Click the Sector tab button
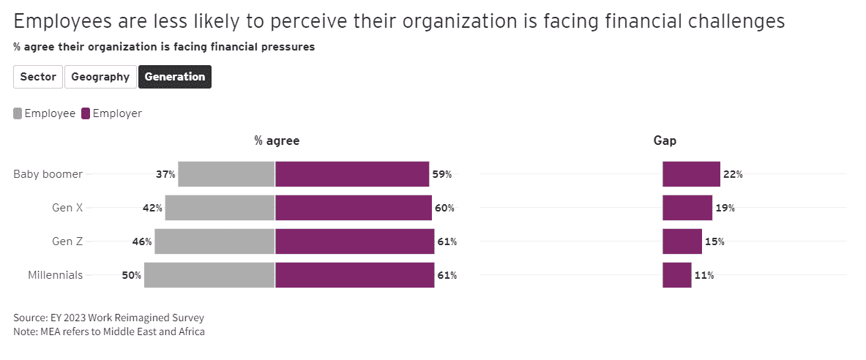tap(38, 77)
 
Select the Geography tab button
tap(100, 77)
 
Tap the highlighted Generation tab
tap(175, 77)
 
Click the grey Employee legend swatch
tap(18, 113)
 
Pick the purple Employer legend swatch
tap(86, 113)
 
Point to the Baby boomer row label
tap(48, 174)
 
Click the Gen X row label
tap(67, 208)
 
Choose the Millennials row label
tap(55, 275)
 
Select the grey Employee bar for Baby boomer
tap(226, 174)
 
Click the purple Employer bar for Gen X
tap(353, 208)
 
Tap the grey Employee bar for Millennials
tap(209, 275)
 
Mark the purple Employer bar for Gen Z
tap(354, 241)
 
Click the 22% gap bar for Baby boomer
tap(691, 174)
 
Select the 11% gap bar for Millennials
tap(676, 275)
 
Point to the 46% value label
tap(142, 241)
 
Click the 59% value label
tap(442, 174)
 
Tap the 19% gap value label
tap(725, 208)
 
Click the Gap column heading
tap(665, 141)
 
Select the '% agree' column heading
tap(277, 141)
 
